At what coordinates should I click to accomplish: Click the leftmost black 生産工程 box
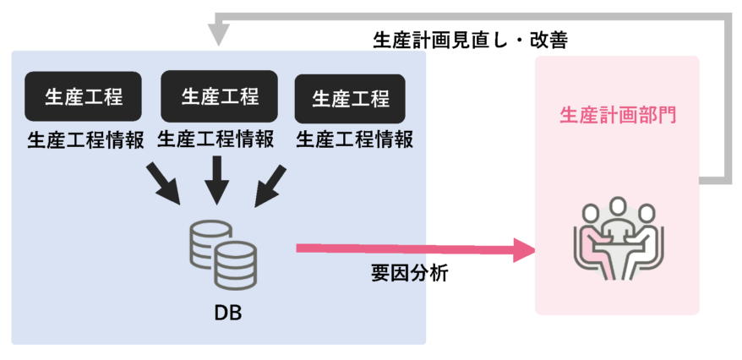(84, 95)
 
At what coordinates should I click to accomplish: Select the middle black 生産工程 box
(220, 95)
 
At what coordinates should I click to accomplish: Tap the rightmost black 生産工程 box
(351, 98)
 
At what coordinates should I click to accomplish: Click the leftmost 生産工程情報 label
(85, 139)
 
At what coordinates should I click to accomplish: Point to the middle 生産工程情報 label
(216, 139)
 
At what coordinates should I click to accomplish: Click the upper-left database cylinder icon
(206, 241)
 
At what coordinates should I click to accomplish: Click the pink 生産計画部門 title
(618, 116)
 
